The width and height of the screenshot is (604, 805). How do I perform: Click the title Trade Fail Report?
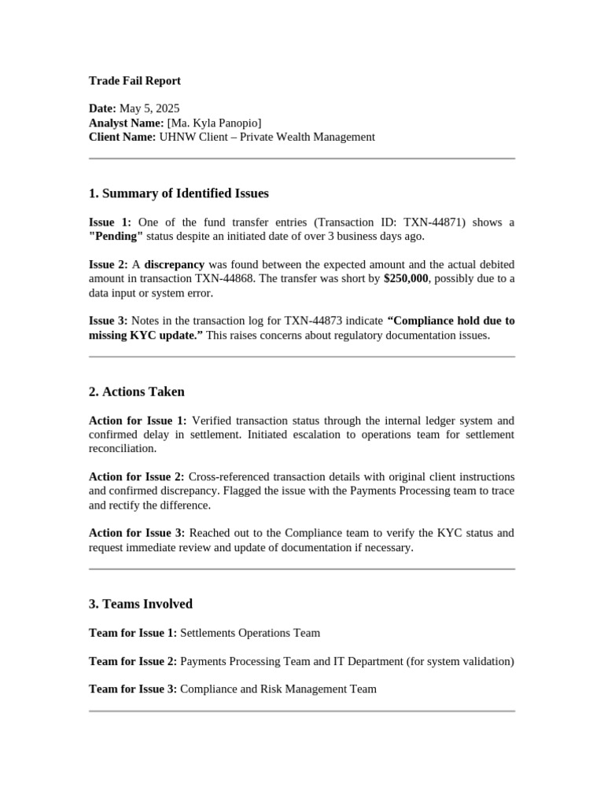tap(134, 80)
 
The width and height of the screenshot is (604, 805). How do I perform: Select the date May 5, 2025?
tap(149, 108)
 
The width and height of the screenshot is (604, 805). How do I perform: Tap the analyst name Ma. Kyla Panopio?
tap(213, 123)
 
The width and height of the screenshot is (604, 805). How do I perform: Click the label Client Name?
tap(123, 137)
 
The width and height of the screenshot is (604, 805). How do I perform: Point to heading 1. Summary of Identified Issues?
tap(179, 193)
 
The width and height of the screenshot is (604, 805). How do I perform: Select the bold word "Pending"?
tap(116, 237)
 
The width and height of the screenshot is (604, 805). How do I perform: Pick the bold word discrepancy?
tap(174, 265)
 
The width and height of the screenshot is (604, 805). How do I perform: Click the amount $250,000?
tap(406, 279)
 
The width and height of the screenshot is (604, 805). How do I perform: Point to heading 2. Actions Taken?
tap(137, 391)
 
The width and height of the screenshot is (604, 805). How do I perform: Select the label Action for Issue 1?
tap(138, 421)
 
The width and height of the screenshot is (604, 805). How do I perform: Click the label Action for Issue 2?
tap(137, 477)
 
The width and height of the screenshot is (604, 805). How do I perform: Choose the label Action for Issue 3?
tap(137, 533)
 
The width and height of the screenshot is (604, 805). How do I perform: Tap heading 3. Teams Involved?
tap(141, 604)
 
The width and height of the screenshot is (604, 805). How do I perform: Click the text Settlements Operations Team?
tap(250, 633)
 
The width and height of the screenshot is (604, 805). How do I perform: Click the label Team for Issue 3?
tap(133, 689)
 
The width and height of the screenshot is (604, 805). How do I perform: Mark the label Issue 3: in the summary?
tap(109, 321)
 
